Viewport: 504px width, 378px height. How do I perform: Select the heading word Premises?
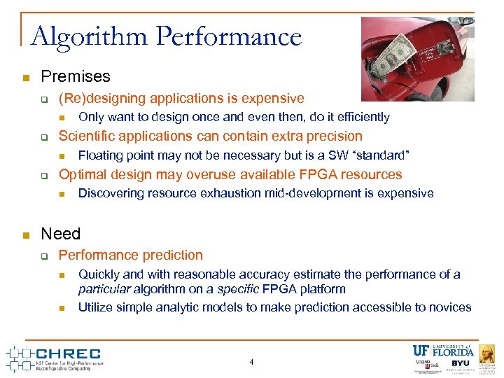(76, 76)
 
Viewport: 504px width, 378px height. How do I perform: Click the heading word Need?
(61, 234)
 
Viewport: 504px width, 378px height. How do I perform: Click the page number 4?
(251, 362)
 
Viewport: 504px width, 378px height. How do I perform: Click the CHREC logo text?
(67, 354)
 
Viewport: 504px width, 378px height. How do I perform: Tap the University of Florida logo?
(443, 351)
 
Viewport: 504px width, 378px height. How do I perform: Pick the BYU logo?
(461, 363)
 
